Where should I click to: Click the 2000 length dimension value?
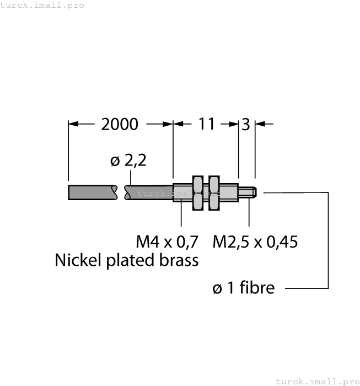point(120,124)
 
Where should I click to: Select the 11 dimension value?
point(206,124)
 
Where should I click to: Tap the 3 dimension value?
point(245,124)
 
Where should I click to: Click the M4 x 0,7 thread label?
point(167,242)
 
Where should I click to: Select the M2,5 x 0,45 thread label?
point(255,242)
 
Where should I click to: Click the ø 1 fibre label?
point(243,287)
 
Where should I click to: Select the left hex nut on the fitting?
point(197,192)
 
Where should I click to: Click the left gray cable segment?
point(92,192)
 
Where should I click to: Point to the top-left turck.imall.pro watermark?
point(42,5)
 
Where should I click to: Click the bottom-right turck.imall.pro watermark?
point(317,381)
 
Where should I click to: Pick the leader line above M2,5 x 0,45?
point(249,212)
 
